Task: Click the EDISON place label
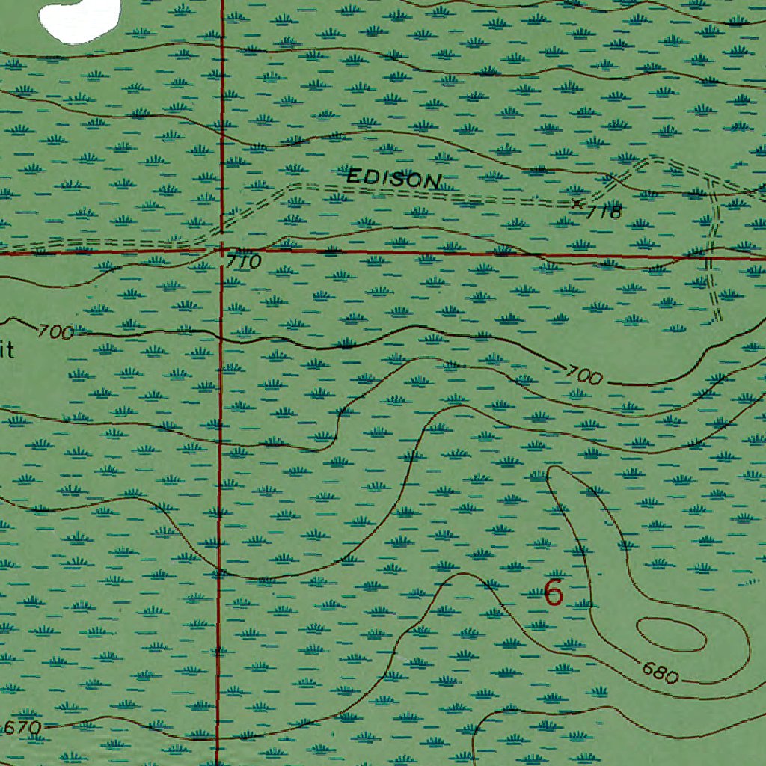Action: (394, 179)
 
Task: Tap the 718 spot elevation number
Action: (604, 212)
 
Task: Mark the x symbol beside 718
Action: (576, 203)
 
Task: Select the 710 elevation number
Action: (244, 262)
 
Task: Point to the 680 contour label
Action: (660, 673)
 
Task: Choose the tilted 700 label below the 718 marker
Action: (584, 376)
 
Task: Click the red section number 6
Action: (554, 593)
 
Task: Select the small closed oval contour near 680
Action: (671, 635)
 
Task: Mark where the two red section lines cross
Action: (221, 251)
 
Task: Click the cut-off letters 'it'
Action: (7, 350)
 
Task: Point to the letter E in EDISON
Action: (355, 177)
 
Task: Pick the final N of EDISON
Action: (432, 181)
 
